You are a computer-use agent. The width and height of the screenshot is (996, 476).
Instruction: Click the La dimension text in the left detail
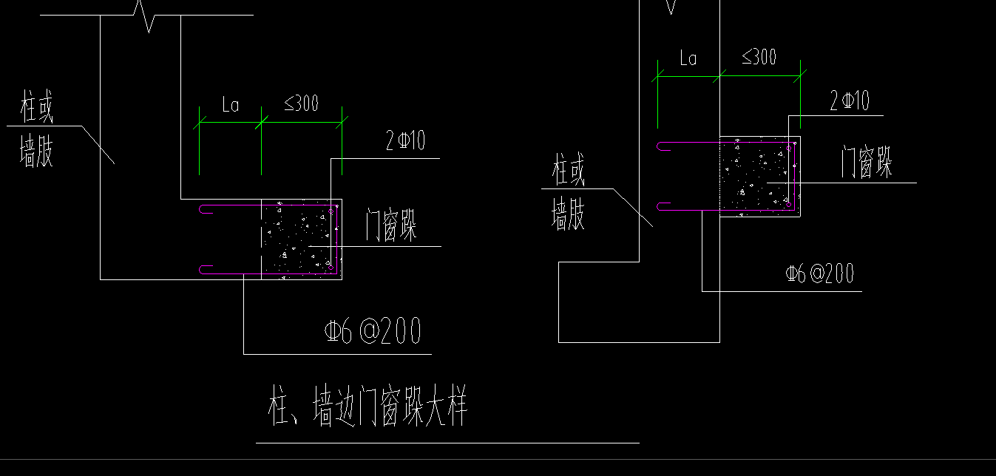pyautogui.click(x=231, y=106)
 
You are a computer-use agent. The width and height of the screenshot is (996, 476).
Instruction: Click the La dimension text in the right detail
pyautogui.click(x=688, y=58)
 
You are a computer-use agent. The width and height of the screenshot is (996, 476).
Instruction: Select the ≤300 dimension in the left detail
pyautogui.click(x=302, y=104)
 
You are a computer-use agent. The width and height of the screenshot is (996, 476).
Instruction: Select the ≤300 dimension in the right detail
pyautogui.click(x=759, y=57)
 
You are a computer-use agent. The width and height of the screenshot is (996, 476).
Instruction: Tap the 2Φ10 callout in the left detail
pyautogui.click(x=405, y=141)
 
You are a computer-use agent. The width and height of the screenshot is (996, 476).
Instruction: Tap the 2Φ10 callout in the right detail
pyautogui.click(x=850, y=101)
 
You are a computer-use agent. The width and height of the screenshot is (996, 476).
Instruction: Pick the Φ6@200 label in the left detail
pyautogui.click(x=373, y=330)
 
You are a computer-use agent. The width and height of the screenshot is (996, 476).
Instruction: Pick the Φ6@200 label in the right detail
pyautogui.click(x=819, y=274)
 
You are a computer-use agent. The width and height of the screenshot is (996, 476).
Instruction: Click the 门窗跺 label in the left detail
pyautogui.click(x=391, y=225)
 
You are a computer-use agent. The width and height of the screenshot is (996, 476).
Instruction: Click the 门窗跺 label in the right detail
pyautogui.click(x=867, y=163)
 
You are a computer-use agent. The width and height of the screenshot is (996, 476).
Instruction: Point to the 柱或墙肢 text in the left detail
pyautogui.click(x=37, y=133)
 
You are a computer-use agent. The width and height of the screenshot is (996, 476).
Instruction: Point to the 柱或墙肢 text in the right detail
pyautogui.click(x=569, y=195)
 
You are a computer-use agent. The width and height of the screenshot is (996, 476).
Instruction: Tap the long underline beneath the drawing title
pyautogui.click(x=447, y=443)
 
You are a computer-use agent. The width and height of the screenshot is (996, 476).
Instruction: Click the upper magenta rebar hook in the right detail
pyautogui.click(x=664, y=146)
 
